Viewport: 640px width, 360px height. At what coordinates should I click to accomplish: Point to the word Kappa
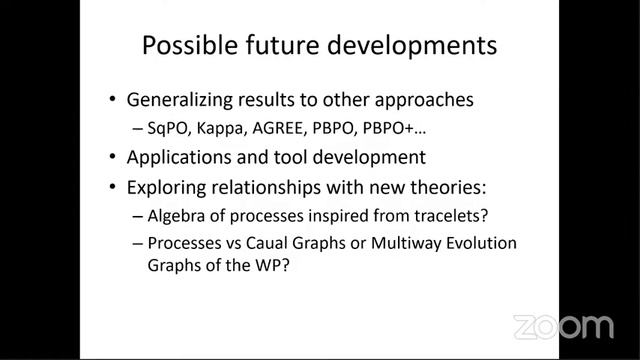pyautogui.click(x=227, y=129)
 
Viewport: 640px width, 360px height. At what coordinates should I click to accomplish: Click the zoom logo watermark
pyautogui.click(x=563, y=327)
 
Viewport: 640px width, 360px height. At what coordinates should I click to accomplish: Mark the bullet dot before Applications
pyautogui.click(x=112, y=158)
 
